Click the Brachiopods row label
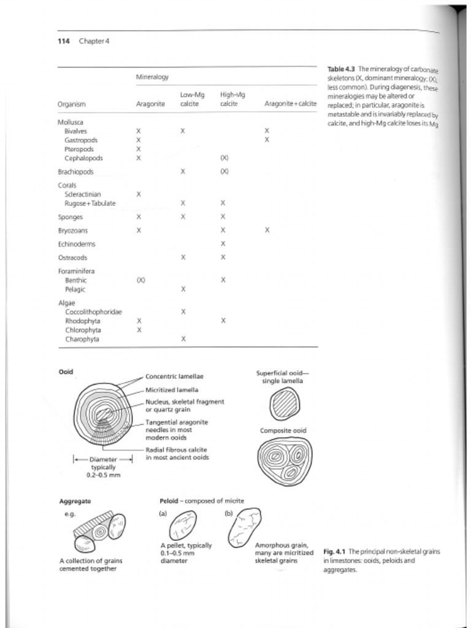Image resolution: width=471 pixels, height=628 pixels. (x=75, y=172)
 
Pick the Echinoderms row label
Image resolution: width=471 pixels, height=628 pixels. (x=76, y=244)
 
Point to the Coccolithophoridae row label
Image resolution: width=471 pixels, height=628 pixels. (x=93, y=312)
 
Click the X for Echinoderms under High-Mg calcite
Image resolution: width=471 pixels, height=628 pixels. (x=223, y=244)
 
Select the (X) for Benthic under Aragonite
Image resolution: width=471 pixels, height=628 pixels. (x=140, y=280)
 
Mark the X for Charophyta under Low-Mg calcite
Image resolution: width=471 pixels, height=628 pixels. (x=183, y=339)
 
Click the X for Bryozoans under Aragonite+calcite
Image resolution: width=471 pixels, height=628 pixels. (x=267, y=231)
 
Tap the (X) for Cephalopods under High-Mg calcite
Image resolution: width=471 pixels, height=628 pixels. (x=224, y=158)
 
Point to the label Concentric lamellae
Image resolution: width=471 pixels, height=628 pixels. (x=174, y=376)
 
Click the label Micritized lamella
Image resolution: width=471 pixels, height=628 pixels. (x=171, y=389)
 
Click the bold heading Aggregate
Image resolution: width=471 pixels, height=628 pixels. (x=75, y=501)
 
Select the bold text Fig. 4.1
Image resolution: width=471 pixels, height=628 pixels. (x=334, y=552)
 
